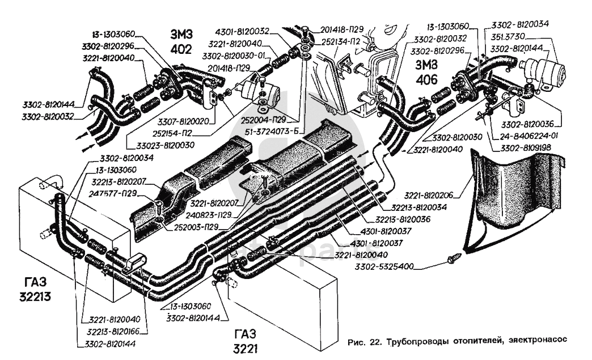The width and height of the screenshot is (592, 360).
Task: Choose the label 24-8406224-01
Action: pos(530,137)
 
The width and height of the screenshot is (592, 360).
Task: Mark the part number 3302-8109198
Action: pos(526,149)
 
